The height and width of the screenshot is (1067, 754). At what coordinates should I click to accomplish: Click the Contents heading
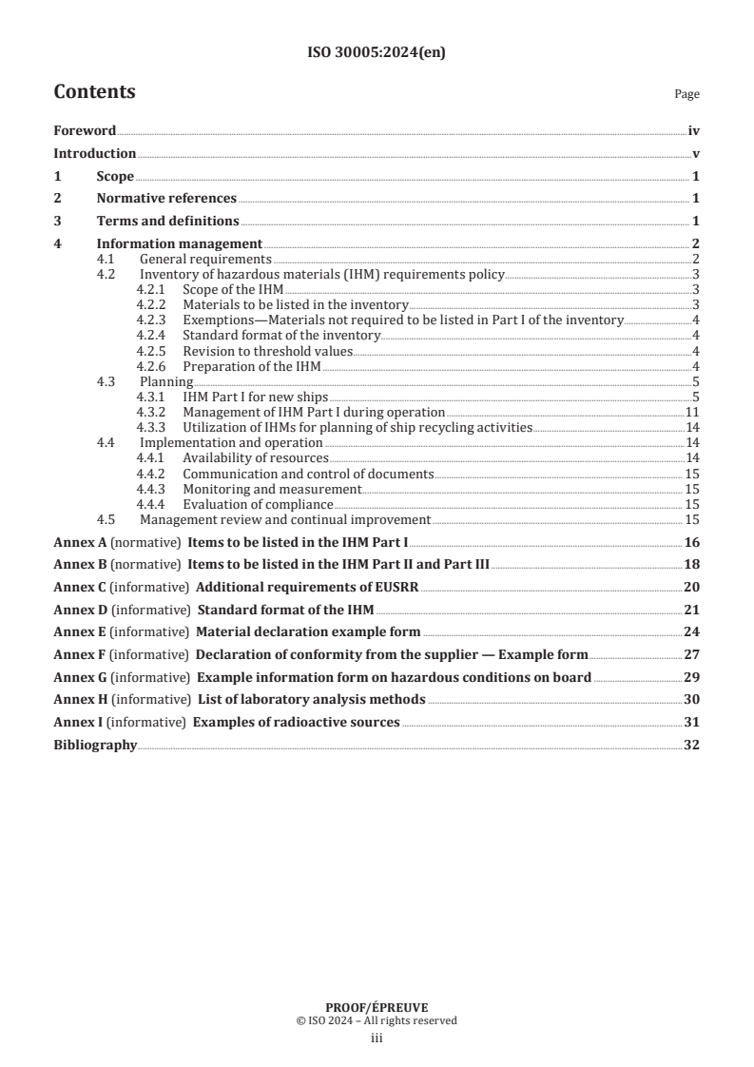click(94, 92)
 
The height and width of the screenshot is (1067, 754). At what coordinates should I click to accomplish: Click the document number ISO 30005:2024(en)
click(377, 53)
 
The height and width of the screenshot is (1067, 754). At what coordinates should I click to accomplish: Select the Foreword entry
click(85, 131)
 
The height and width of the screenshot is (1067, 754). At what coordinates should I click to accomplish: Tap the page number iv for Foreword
click(694, 131)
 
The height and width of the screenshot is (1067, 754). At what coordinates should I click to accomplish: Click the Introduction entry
click(94, 154)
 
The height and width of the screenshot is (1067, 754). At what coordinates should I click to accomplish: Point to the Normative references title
click(166, 199)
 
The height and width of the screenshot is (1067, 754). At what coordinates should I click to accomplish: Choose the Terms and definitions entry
click(167, 222)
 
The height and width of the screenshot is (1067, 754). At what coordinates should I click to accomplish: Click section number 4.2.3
click(151, 320)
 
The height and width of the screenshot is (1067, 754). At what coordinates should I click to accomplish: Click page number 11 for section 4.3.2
click(693, 412)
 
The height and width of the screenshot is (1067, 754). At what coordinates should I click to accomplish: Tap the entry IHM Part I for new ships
click(255, 397)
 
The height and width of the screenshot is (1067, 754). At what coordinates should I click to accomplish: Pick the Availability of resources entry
click(255, 458)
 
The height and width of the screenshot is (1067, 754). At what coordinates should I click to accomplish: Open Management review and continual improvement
click(285, 520)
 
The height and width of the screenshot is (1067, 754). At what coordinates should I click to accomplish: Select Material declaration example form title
click(308, 632)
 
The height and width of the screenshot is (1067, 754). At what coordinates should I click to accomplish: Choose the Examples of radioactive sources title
click(296, 723)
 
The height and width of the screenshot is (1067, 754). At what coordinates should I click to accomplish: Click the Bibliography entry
click(95, 746)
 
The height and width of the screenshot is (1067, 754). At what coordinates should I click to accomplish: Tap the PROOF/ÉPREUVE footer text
click(376, 1008)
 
